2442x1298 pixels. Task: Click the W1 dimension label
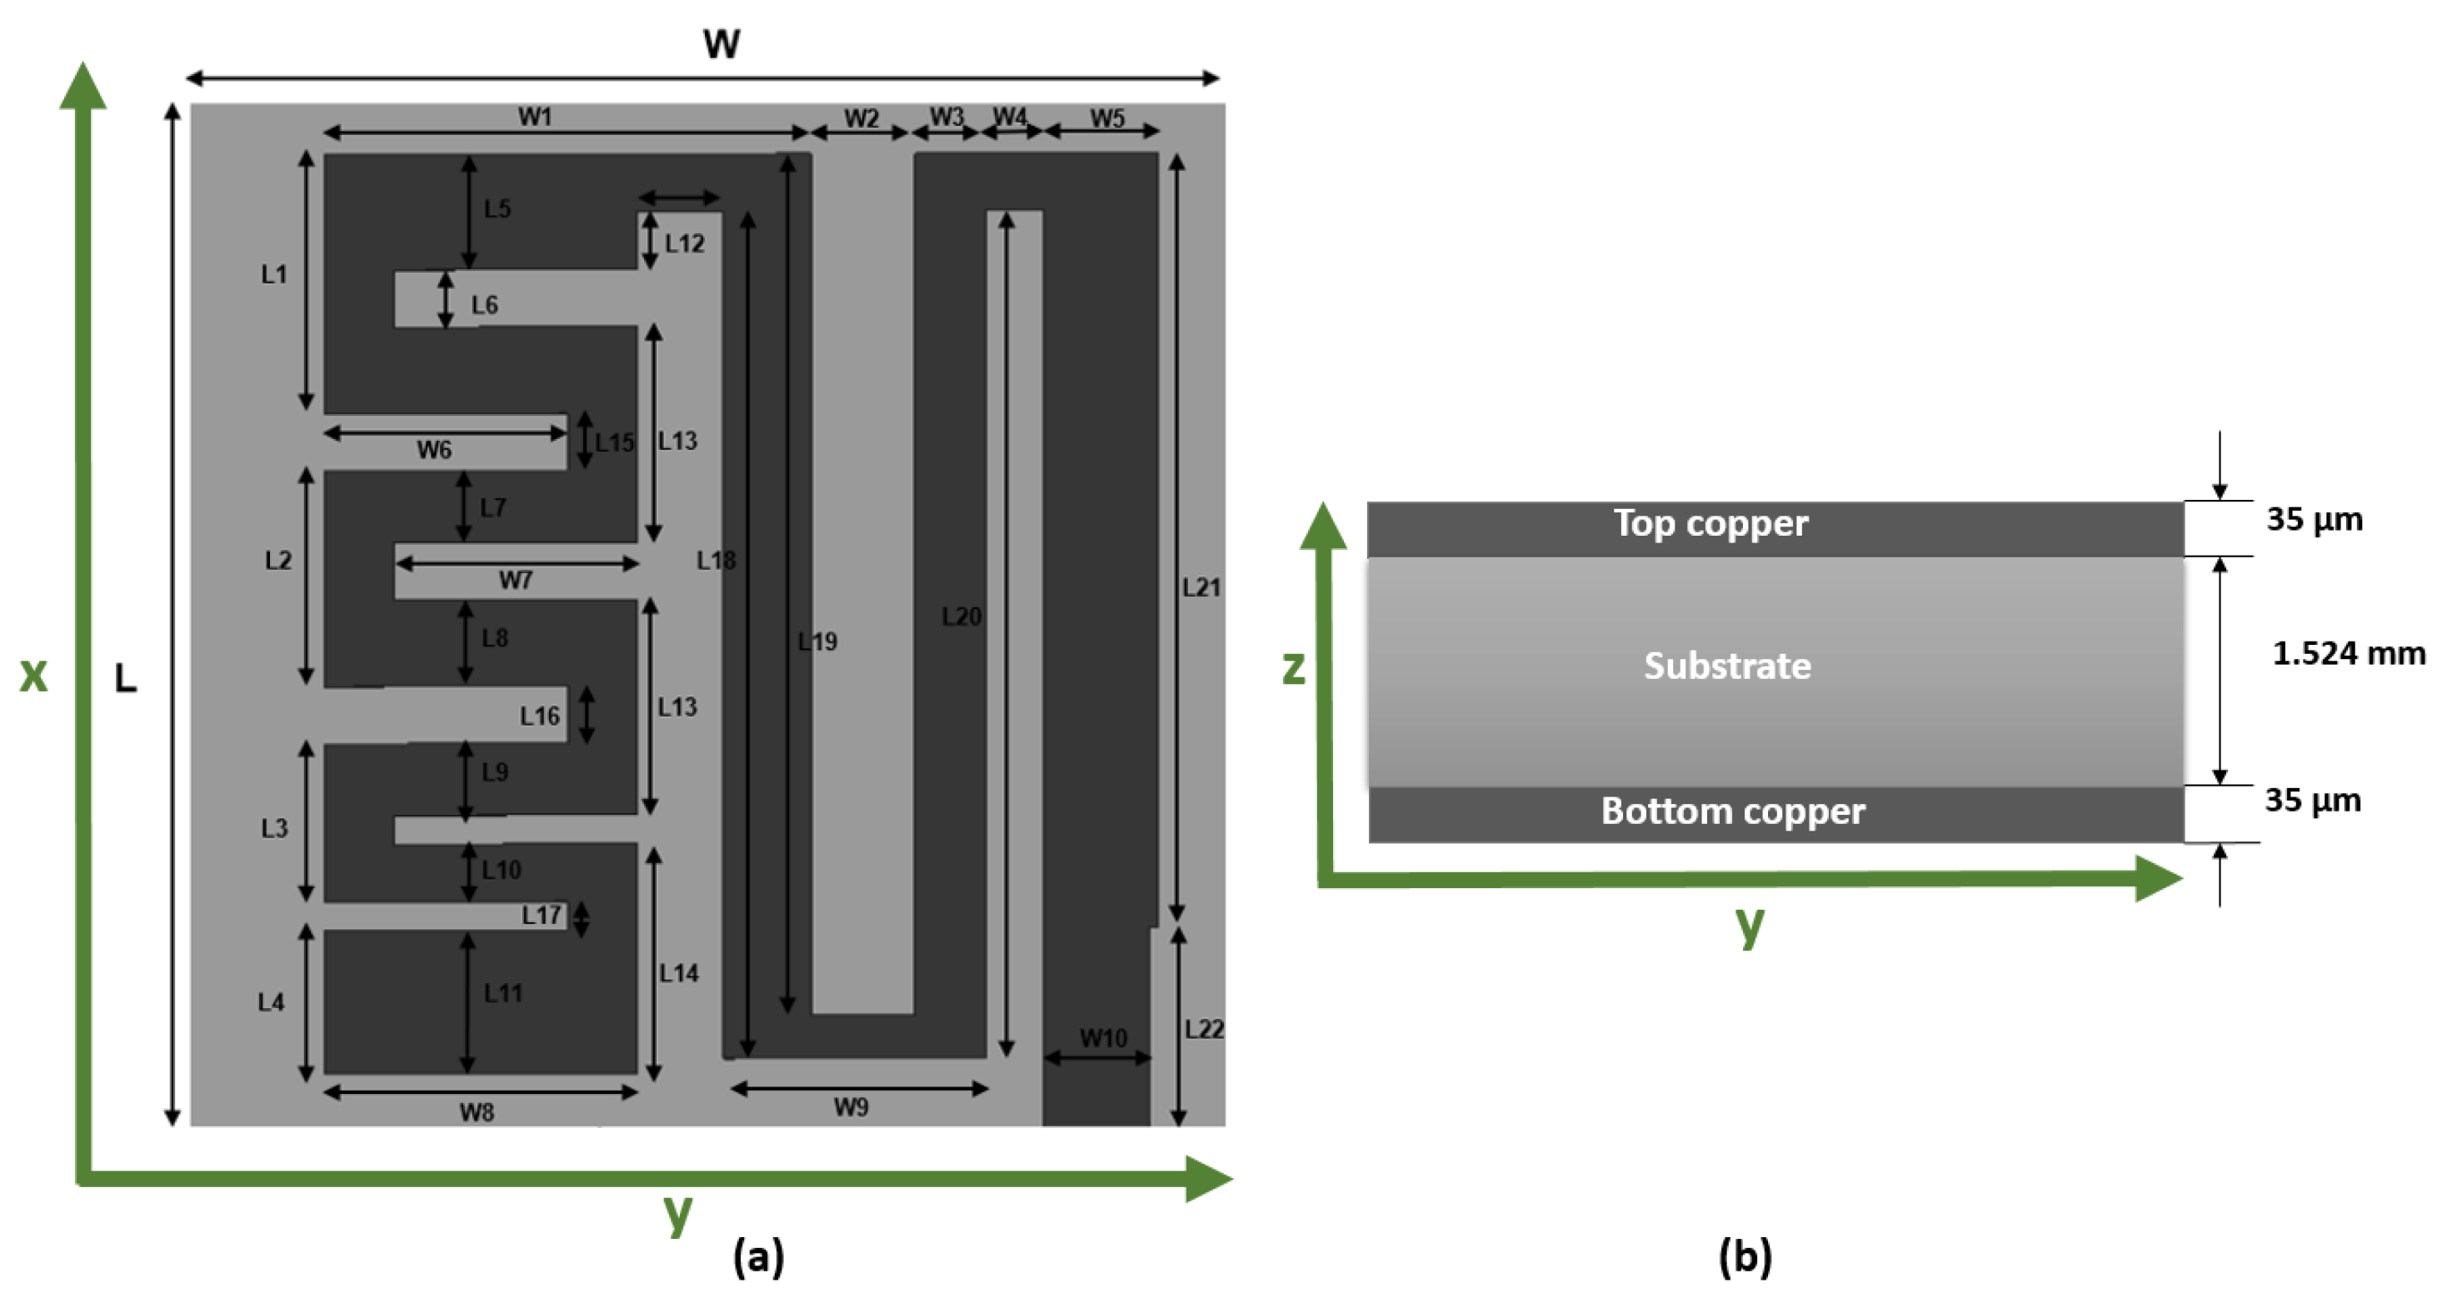coord(535,117)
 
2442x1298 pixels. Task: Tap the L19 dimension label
coord(817,642)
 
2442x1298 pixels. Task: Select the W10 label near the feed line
coord(1103,1038)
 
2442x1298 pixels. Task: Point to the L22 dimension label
coord(1204,1029)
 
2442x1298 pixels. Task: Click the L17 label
coord(542,915)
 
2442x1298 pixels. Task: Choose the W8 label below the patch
coord(477,1112)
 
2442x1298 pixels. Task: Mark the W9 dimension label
coord(851,1106)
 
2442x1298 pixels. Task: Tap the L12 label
coord(684,243)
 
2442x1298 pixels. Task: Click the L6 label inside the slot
coord(484,305)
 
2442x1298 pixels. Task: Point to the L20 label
coord(961,617)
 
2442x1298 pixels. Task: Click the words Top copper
coord(1711,523)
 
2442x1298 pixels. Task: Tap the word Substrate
coord(1727,666)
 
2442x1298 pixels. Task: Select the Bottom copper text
coord(1733,811)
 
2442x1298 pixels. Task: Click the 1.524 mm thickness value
coord(2348,653)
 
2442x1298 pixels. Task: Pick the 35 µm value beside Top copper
coord(2314,520)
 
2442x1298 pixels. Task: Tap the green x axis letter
coord(34,674)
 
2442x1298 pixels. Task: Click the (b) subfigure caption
coord(1745,1256)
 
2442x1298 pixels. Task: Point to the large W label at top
coord(722,43)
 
